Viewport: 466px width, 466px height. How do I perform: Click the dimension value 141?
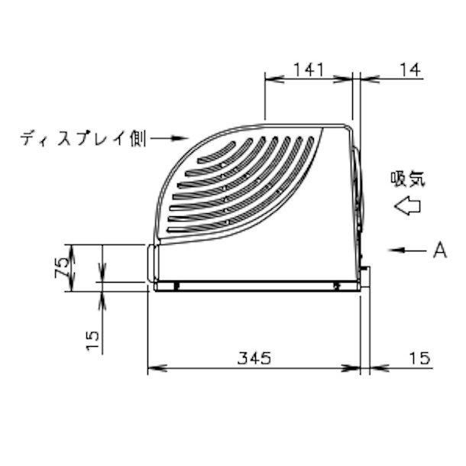pyautogui.click(x=309, y=69)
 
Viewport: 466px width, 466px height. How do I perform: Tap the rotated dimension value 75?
pyautogui.click(x=65, y=267)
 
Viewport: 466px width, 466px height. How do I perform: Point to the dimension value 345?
pyautogui.click(x=253, y=358)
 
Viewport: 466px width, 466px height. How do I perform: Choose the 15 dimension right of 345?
pyautogui.click(x=419, y=358)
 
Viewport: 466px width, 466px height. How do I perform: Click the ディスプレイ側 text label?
pyautogui.click(x=83, y=139)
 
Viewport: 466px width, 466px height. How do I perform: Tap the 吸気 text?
pyautogui.click(x=407, y=180)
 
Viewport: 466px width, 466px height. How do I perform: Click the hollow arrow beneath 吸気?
pyautogui.click(x=406, y=205)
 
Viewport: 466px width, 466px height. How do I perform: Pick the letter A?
pyautogui.click(x=438, y=249)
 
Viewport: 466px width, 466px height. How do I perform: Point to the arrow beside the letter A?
pyautogui.click(x=405, y=250)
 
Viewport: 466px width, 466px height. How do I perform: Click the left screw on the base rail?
pyautogui.click(x=176, y=286)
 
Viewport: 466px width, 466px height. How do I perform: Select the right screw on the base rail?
pyautogui.click(x=337, y=286)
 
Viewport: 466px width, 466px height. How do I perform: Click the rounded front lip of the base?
pyautogui.click(x=150, y=264)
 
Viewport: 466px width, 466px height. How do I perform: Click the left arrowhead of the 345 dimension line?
pyautogui.click(x=152, y=369)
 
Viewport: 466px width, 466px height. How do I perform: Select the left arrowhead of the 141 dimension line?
pyautogui.click(x=270, y=77)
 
